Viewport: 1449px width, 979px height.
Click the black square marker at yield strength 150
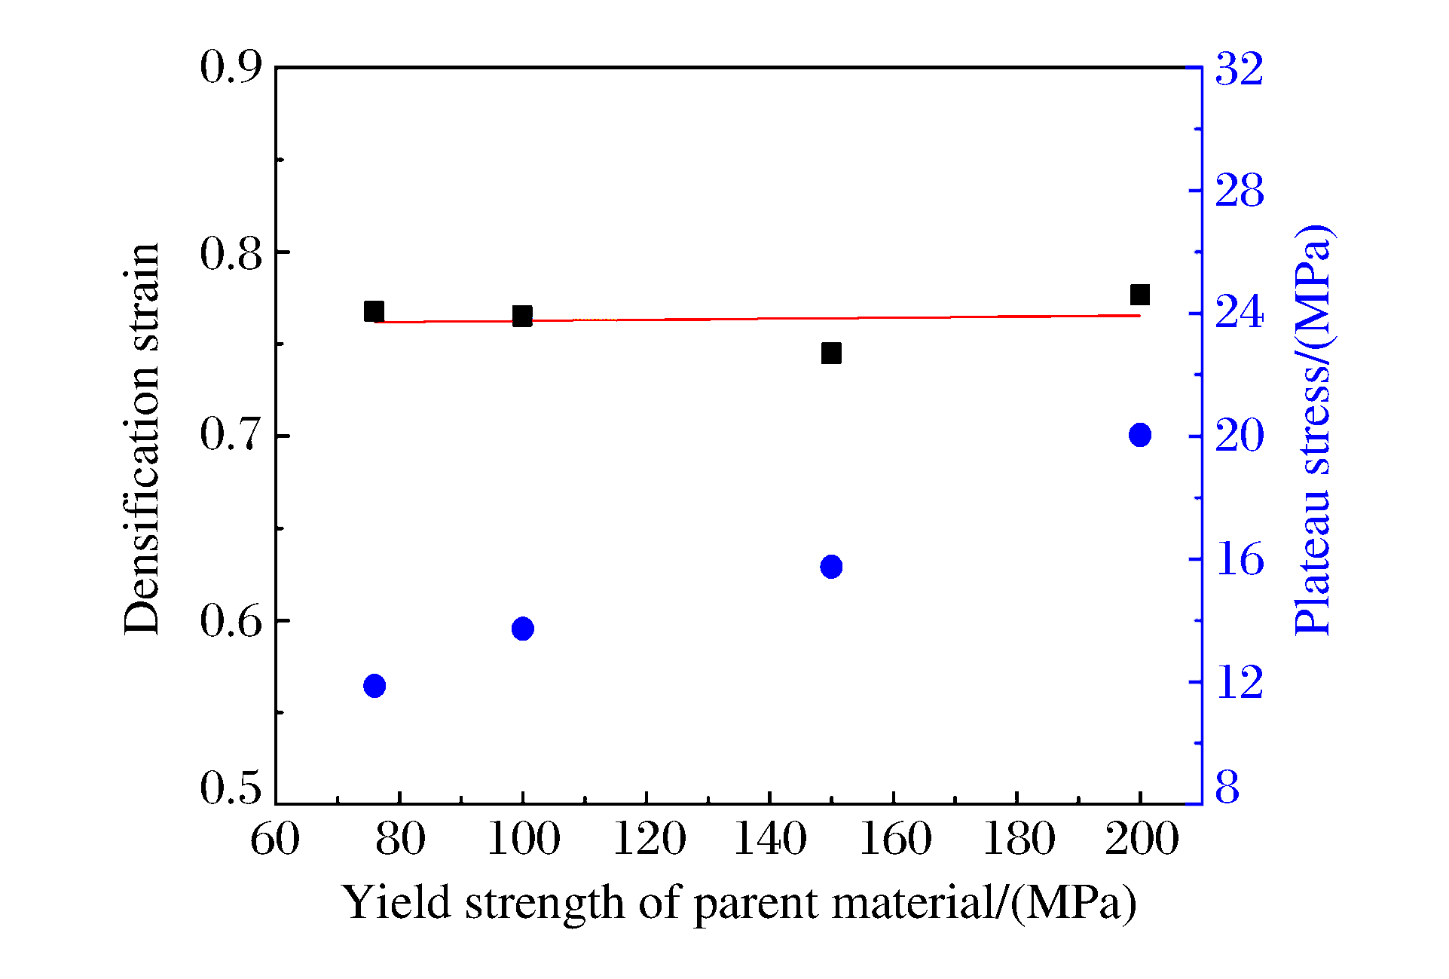point(831,353)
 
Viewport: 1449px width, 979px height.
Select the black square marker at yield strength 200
point(1139,295)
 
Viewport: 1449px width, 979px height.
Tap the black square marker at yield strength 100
point(522,316)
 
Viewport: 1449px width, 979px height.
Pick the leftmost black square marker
point(374,311)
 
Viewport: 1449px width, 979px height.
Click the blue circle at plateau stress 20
point(1139,435)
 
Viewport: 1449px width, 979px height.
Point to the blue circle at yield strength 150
point(831,567)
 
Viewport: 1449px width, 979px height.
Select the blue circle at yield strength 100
point(522,629)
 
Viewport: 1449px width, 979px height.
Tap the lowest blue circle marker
point(374,686)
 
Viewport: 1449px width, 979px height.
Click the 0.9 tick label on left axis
point(231,68)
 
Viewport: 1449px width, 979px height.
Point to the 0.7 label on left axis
point(231,435)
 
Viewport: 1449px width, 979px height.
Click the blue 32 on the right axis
point(1239,69)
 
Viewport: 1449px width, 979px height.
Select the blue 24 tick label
point(1239,313)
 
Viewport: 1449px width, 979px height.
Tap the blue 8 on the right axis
point(1227,788)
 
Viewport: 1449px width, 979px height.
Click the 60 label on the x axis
point(275,840)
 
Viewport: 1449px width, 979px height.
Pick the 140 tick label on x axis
point(769,840)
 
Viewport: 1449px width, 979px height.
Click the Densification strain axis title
point(142,439)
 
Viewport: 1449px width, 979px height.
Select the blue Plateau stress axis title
point(1313,430)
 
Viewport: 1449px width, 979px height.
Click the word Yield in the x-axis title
point(396,902)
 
